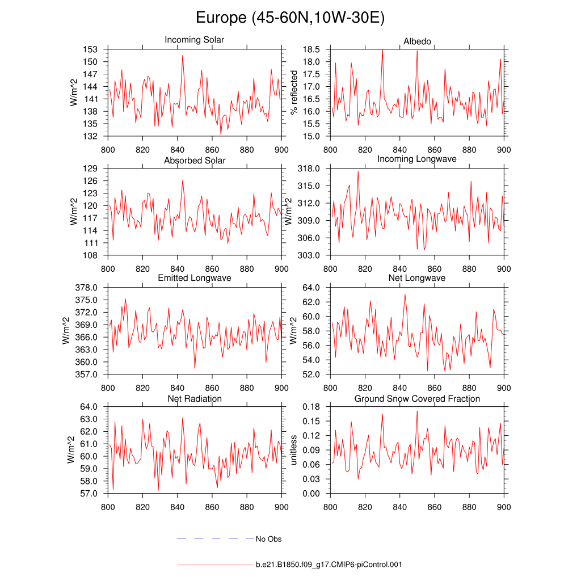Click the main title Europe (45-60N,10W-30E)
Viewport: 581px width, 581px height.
point(290,18)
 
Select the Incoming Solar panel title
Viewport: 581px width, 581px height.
point(194,40)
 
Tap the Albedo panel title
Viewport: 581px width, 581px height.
point(417,42)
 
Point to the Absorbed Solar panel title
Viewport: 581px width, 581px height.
point(195,161)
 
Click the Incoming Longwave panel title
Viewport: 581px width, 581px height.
point(417,159)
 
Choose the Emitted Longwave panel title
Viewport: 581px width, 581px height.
point(195,278)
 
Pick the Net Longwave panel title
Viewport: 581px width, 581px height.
point(417,278)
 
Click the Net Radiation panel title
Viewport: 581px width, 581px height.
point(195,399)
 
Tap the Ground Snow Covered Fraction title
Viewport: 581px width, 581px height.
point(417,399)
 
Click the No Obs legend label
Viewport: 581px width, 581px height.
point(268,539)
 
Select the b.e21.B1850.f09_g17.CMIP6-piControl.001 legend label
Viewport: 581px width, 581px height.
point(329,565)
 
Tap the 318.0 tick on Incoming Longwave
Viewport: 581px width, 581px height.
point(312,169)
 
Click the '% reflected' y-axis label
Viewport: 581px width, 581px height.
point(294,92)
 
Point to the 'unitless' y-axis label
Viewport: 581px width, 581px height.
point(294,450)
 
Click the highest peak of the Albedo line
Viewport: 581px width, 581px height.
point(382,49)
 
